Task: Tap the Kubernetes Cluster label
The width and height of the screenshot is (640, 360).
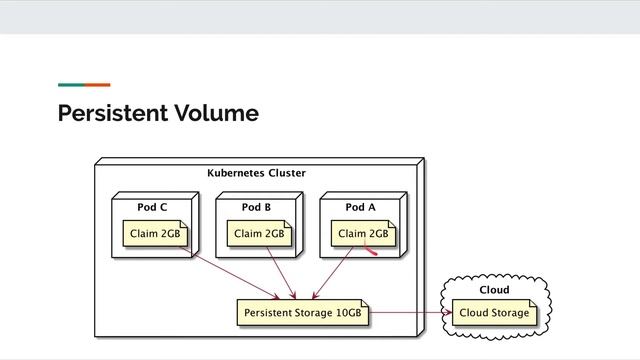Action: (256, 173)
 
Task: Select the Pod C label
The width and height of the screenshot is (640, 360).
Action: (152, 207)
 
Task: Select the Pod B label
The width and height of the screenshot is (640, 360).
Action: (256, 207)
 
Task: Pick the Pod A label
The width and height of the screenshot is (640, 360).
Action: (360, 207)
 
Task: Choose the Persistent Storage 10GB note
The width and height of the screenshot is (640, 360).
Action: (303, 313)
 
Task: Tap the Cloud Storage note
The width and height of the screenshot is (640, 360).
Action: (494, 313)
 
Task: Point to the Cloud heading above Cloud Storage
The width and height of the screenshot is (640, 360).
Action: (494, 290)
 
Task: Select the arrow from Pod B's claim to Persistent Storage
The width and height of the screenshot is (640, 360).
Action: (281, 273)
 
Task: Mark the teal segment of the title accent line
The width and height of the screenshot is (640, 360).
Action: (70, 85)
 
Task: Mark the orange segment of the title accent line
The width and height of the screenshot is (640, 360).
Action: (97, 85)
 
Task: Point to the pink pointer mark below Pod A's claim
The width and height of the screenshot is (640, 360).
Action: (370, 251)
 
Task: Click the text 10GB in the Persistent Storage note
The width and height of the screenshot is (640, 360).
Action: (348, 313)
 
